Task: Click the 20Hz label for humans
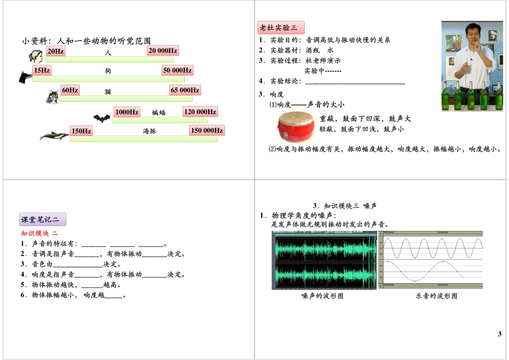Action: [56, 51]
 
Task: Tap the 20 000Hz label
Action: [163, 51]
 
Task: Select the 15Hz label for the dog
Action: [42, 71]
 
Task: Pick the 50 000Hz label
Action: [177, 71]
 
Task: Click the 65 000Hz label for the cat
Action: [185, 91]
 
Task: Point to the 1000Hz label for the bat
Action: [126, 112]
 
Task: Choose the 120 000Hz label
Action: [200, 112]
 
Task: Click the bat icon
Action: [101, 118]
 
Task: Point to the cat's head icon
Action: [53, 96]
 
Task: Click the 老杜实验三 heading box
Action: [281, 28]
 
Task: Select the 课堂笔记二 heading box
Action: [43, 220]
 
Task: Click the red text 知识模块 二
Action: [39, 234]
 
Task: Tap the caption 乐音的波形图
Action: [437, 296]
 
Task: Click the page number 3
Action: [500, 334]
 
